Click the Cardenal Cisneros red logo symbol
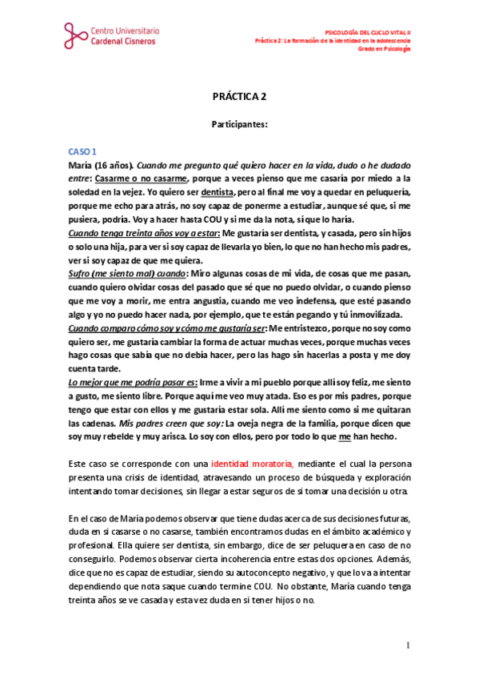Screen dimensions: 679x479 [x=78, y=34]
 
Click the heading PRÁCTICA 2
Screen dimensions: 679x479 [x=239, y=97]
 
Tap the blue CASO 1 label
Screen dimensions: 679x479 [x=82, y=151]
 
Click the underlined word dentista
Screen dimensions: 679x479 [x=218, y=193]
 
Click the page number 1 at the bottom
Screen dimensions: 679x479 [x=407, y=645]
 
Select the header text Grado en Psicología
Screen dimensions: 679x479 [x=384, y=49]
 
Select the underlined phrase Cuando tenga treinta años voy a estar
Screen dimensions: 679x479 [x=134, y=232]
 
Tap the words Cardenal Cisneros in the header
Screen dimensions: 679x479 [x=130, y=41]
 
